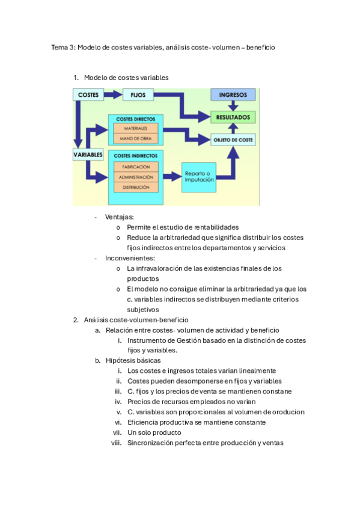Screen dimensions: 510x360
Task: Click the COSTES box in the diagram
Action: [88, 94]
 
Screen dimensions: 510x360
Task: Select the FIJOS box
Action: [138, 94]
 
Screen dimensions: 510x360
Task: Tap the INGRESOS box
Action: [233, 95]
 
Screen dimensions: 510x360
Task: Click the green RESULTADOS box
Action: [233, 117]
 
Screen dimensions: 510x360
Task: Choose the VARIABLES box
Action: [88, 155]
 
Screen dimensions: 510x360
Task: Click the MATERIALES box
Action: [136, 129]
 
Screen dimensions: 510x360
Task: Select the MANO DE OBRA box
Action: [136, 139]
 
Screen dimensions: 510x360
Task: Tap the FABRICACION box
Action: [136, 167]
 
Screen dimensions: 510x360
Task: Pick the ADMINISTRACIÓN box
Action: [136, 177]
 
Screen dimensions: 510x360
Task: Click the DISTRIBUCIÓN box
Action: [136, 188]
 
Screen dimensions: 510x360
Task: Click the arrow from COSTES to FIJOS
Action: [113, 94]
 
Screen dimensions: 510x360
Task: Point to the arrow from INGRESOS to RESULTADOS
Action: [233, 106]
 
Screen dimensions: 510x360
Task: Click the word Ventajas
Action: [120, 217]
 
